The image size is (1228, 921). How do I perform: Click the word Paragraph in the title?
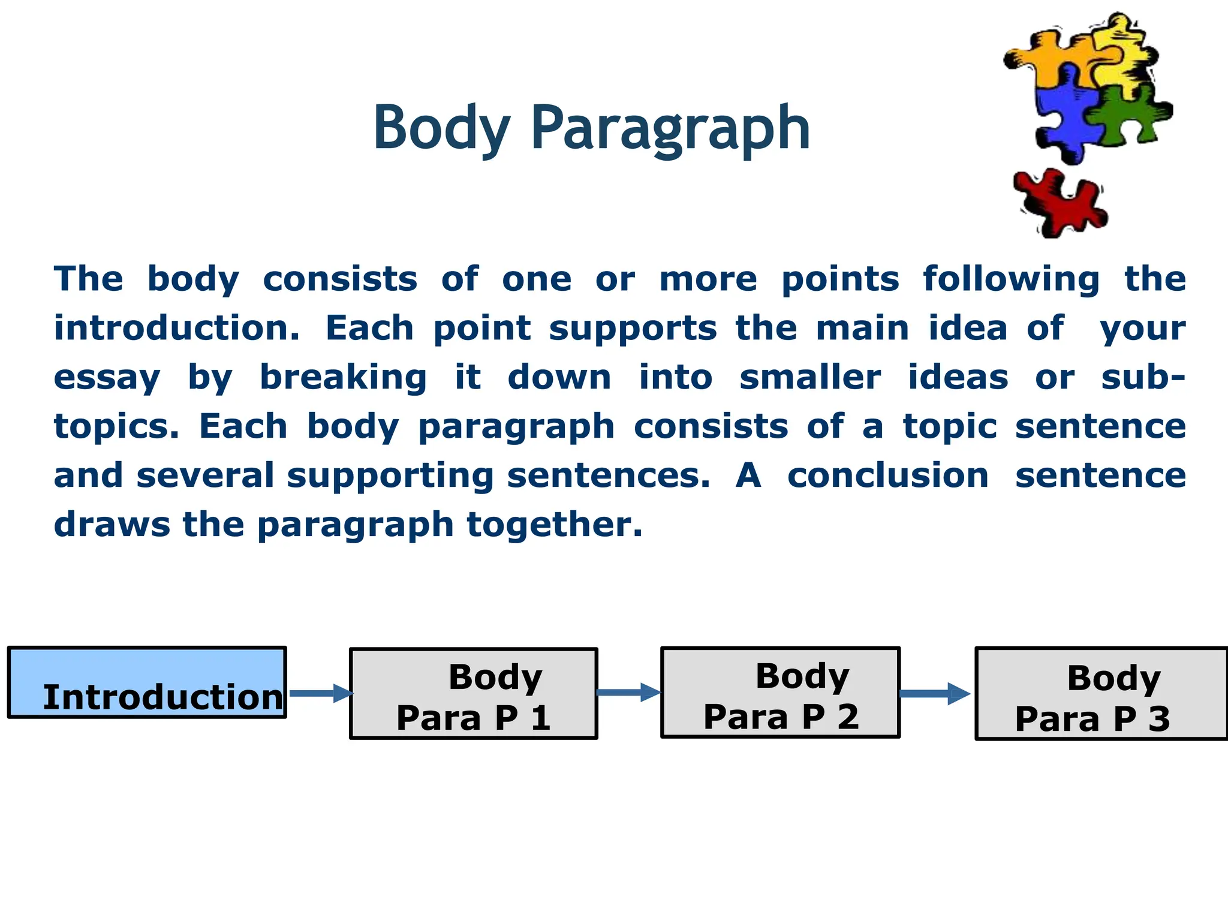tap(670, 128)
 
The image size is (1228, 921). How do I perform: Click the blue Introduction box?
tap(147, 682)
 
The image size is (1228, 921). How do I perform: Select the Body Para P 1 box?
tap(474, 694)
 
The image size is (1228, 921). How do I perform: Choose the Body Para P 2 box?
tap(780, 693)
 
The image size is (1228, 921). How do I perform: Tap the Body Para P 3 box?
tap(1101, 694)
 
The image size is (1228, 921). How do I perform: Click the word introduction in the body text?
tap(176, 328)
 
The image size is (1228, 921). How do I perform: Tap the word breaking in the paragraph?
tap(343, 377)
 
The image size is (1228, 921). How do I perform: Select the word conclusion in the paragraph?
tap(888, 475)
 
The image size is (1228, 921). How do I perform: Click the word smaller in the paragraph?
tap(810, 377)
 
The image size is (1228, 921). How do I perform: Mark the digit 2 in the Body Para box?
tap(848, 717)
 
